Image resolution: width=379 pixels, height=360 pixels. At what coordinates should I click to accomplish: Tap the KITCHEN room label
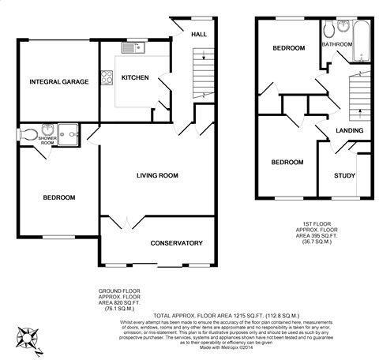(x=136, y=77)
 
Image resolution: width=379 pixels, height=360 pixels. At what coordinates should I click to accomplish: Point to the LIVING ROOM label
(x=156, y=175)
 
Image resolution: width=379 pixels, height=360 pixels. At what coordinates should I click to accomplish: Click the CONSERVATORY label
(x=177, y=242)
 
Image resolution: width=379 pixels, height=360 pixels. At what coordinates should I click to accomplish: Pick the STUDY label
(x=345, y=176)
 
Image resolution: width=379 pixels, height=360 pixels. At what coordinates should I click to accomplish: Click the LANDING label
(x=349, y=129)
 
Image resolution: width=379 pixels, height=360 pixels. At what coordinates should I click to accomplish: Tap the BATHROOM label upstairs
(x=336, y=44)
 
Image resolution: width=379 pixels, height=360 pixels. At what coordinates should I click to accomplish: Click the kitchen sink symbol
(x=132, y=50)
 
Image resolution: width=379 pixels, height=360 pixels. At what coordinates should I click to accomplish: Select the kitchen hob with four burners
(x=107, y=78)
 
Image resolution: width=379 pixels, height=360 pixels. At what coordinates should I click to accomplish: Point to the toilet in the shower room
(x=29, y=134)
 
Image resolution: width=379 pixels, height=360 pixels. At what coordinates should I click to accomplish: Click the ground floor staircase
(x=203, y=79)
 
